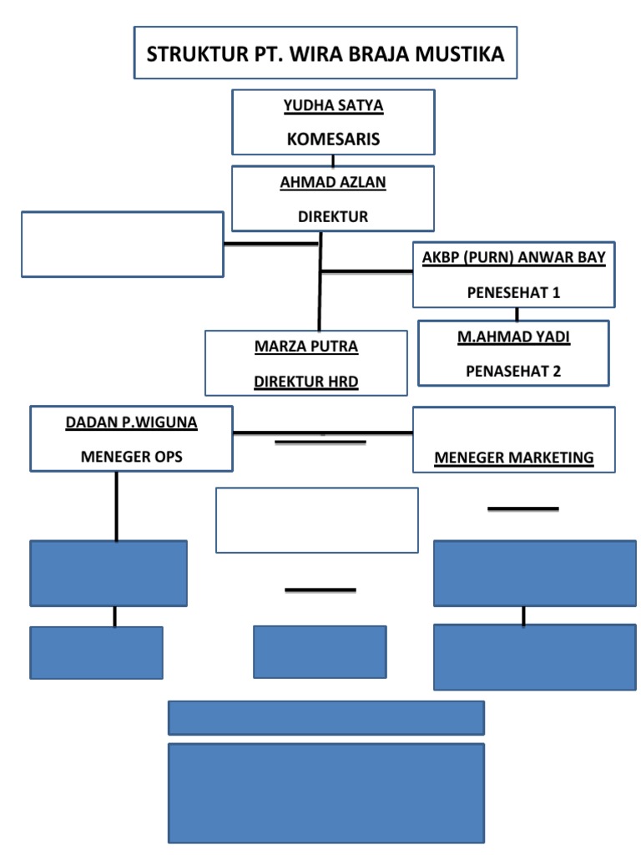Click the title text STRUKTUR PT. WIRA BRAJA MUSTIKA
tap(326, 55)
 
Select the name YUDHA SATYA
tap(333, 106)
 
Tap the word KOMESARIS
tap(333, 139)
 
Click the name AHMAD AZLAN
tap(333, 183)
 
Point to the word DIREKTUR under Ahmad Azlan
tap(333, 216)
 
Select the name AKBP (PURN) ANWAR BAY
tap(513, 257)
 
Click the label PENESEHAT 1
tap(513, 292)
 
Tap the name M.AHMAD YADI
tap(513, 336)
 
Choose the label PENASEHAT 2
tap(513, 371)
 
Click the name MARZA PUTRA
tap(305, 347)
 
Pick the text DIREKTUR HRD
tap(305, 382)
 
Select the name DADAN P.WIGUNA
tap(132, 422)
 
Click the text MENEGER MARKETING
tap(514, 458)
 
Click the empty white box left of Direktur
tap(122, 244)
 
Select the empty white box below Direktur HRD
tap(316, 520)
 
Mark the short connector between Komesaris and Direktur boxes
tap(333, 160)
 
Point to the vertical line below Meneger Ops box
tap(116, 505)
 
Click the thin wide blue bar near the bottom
tap(326, 717)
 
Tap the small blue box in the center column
tap(320, 651)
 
